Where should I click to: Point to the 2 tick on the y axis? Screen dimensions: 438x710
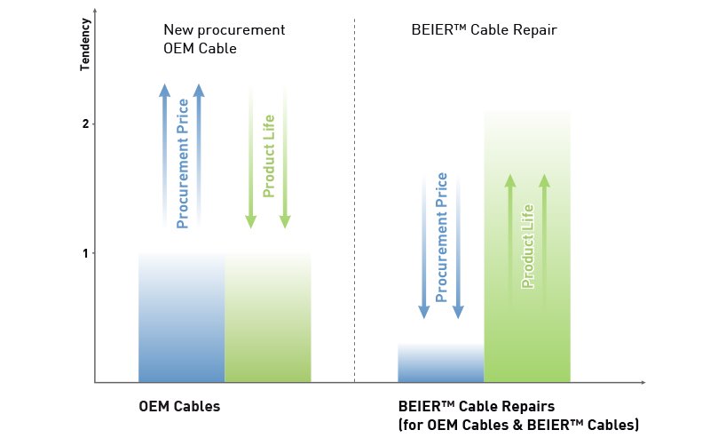(85, 123)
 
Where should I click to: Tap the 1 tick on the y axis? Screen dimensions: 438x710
(85, 253)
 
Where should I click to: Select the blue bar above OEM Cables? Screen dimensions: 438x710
(182, 329)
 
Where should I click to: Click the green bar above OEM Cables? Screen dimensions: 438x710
(268, 329)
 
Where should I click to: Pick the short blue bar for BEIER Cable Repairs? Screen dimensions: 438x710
(440, 363)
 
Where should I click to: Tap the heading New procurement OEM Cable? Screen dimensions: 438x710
(224, 39)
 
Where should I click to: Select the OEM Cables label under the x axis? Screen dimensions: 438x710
(179, 407)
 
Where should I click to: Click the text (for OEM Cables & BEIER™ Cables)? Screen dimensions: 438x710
(518, 425)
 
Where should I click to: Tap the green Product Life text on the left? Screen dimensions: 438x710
(269, 155)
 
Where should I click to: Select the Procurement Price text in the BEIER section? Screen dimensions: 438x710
(441, 235)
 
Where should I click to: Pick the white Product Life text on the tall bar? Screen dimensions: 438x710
(527, 246)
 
